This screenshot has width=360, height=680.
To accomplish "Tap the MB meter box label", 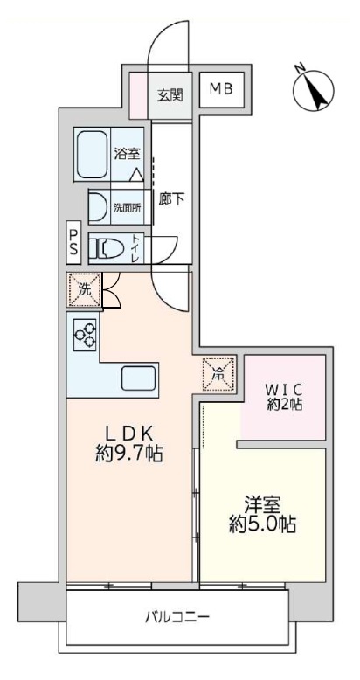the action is coord(222,89).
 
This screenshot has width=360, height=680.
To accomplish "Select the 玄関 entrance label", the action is coord(170,94).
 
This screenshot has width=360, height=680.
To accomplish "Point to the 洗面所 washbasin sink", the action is coord(98,207).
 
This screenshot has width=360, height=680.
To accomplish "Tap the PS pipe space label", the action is coord(73,243).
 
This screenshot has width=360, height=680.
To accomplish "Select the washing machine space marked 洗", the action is coord(84,290).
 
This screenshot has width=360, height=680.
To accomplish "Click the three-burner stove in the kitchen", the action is coord(84,334).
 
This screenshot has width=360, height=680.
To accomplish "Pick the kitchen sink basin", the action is coord(139,378).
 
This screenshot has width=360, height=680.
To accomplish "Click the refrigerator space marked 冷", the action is coord(219,374).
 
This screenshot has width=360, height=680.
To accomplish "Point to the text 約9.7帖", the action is coord(128,454).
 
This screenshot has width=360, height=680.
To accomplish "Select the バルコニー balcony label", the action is coord(177,616).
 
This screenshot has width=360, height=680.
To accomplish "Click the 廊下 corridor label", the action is coord(172,199).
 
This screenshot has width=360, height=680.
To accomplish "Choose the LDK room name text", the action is coord(129,434).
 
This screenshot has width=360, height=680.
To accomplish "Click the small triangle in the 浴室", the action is coord(136,174).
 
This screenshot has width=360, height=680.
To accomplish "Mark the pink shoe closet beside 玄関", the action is coord(138,96).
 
